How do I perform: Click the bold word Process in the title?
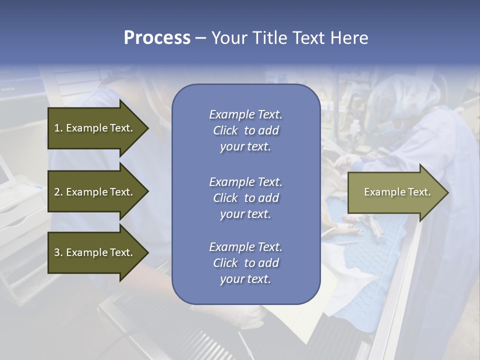click(x=157, y=38)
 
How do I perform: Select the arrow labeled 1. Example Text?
click(x=95, y=128)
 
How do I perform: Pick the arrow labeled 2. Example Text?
click(x=95, y=192)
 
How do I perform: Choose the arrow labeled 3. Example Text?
click(x=95, y=252)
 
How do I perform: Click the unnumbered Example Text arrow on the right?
click(x=397, y=192)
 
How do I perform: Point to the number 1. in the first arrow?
click(x=58, y=128)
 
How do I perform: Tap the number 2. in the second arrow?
click(x=58, y=192)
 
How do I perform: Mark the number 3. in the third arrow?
click(x=58, y=252)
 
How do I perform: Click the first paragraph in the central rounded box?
click(x=245, y=130)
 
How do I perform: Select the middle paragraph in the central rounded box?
click(x=245, y=198)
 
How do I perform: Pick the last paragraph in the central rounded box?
click(x=245, y=263)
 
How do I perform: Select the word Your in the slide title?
click(x=229, y=38)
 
